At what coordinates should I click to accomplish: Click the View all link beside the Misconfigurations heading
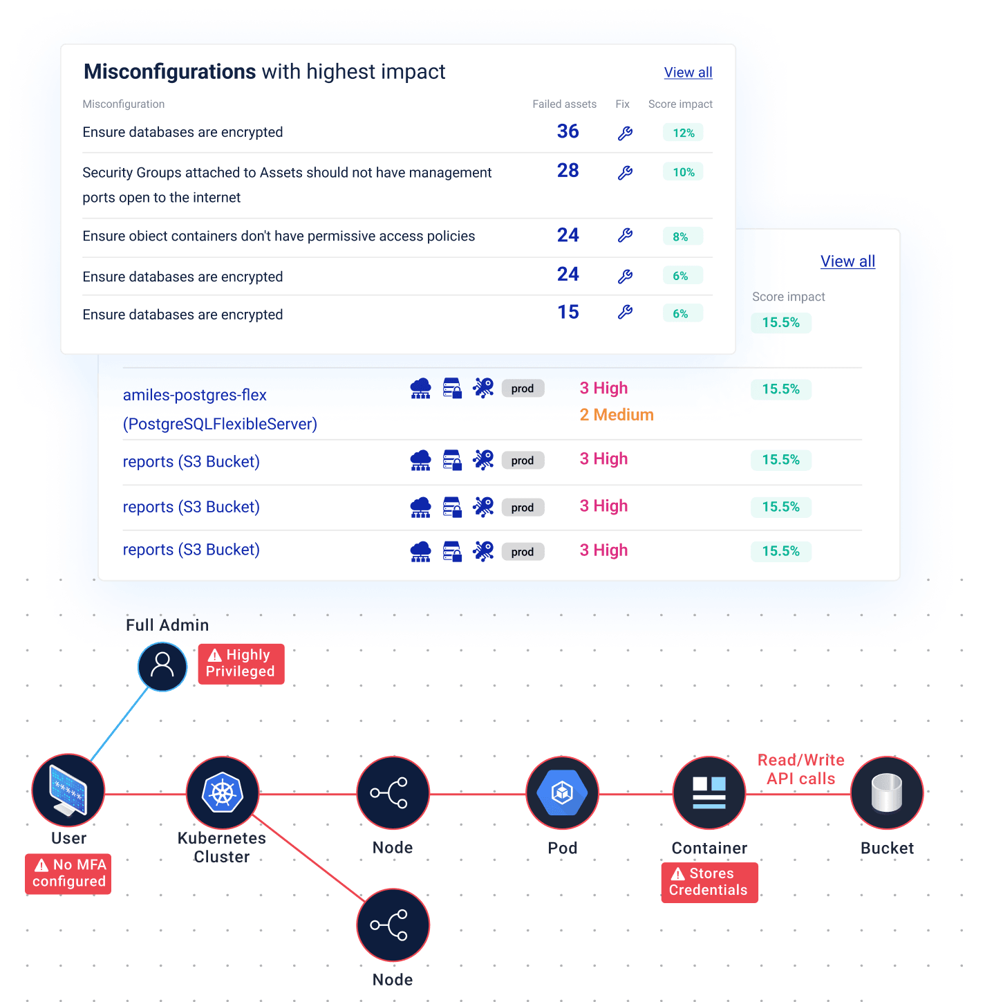coord(688,73)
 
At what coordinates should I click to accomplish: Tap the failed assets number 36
coord(568,131)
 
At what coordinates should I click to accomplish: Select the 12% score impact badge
coord(683,133)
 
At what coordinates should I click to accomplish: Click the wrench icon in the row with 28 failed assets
coord(625,173)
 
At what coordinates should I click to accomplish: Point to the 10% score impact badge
coord(683,172)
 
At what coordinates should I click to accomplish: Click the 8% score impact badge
coord(682,236)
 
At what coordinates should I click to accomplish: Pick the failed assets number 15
coord(568,313)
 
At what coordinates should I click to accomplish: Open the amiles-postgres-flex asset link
coord(195,396)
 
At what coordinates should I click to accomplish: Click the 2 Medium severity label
coord(617,415)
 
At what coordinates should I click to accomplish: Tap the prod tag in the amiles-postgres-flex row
coord(523,389)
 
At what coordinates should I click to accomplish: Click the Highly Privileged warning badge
coord(241,664)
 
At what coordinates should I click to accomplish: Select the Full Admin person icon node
coord(162,666)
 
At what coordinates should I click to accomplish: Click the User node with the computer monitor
coord(68,791)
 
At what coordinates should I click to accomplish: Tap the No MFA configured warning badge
coord(69,873)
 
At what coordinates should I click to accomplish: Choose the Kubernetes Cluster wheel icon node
coord(223,792)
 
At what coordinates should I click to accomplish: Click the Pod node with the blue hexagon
coord(562,793)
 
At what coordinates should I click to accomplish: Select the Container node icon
coord(709,793)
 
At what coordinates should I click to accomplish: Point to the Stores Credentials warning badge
coord(709,882)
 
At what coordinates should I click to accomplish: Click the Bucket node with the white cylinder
coord(887,793)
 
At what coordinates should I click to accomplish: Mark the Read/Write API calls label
coord(801,769)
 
